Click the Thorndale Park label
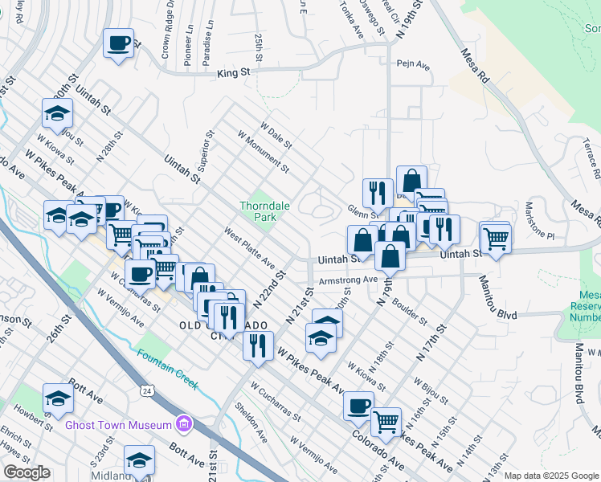pos(258,211)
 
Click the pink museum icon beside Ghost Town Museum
pos(185,423)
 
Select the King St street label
pos(234,72)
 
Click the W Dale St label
pos(276,134)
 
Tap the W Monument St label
pos(264,152)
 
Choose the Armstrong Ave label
pos(347,280)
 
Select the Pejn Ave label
pos(408,63)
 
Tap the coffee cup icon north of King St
pos(119,43)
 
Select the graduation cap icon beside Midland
pos(139,460)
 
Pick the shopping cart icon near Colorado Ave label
pos(386,421)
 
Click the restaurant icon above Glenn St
pos(378,192)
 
